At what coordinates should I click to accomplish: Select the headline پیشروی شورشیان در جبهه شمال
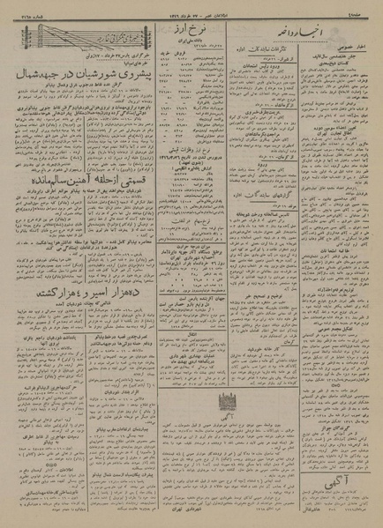tap(64, 79)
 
